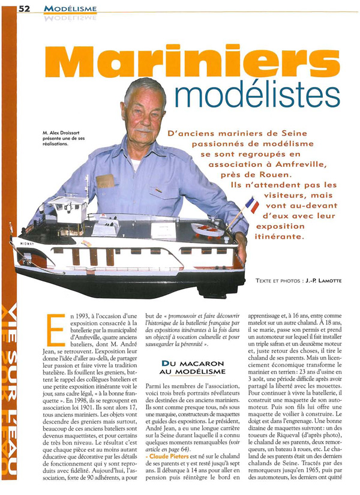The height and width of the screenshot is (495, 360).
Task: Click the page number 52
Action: [25, 8]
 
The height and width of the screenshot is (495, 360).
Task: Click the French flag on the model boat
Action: [252, 206]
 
